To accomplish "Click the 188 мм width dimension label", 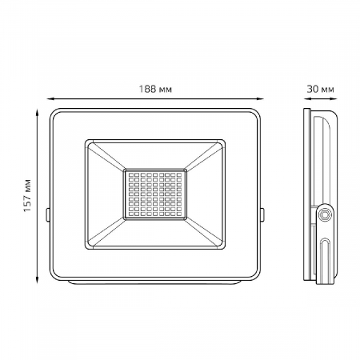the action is coord(155,89).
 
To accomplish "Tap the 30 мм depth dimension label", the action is coord(320,89).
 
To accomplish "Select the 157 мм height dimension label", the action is coord(27,195).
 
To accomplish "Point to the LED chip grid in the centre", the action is coord(155,194).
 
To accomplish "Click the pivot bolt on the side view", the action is coord(325,214).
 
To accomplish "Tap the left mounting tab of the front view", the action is coord(47,214).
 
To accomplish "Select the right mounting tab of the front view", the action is coord(262,214).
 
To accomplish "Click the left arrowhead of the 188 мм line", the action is coord(50,99).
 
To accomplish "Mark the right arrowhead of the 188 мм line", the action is coord(260,99).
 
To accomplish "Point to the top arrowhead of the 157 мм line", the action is coord(38,112).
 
